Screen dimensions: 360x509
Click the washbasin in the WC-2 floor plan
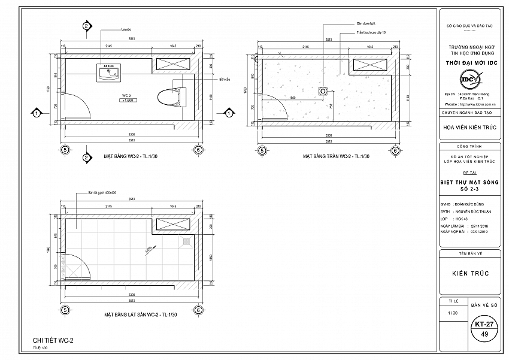[108, 73]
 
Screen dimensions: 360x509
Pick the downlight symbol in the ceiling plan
[323, 92]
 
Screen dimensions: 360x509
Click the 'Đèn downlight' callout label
[365, 23]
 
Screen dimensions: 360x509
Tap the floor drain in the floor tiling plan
[187, 241]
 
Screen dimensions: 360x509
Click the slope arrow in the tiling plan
[147, 248]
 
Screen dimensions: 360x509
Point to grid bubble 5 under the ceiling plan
[262, 150]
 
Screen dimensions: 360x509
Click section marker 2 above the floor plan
[86, 26]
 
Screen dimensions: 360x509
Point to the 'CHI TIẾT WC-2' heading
[53, 341]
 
